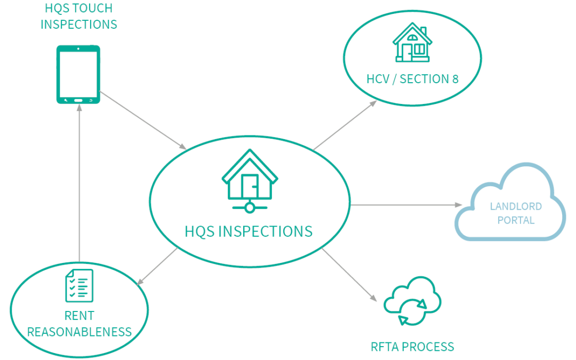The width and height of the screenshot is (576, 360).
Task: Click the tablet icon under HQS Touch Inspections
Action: coord(78,75)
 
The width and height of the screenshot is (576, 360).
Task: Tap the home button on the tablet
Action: coord(78,100)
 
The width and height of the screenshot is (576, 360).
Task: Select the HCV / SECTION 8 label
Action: coord(412,79)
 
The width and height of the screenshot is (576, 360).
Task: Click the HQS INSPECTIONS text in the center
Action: coord(249,232)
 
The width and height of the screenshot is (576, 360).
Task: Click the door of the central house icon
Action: coord(250,186)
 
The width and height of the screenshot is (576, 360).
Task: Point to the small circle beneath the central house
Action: coord(250,208)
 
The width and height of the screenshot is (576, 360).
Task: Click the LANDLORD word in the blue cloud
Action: coord(516,206)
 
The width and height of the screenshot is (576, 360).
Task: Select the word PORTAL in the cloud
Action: coord(516,220)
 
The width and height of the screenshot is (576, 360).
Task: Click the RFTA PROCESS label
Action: coord(412,347)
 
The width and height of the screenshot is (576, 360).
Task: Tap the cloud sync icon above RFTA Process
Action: coord(412,301)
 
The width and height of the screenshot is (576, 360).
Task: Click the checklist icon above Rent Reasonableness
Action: coord(79,285)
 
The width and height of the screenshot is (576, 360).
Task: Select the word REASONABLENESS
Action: coord(79,332)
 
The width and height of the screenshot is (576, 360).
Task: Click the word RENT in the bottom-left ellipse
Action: coord(79,316)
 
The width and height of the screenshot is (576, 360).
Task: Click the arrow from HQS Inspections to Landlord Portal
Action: coord(406,205)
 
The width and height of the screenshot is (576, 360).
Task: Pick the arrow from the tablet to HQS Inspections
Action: coord(143,120)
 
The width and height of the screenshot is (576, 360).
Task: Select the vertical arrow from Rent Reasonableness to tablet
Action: coord(79,183)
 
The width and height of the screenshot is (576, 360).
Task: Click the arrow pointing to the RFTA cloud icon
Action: coord(349,275)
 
